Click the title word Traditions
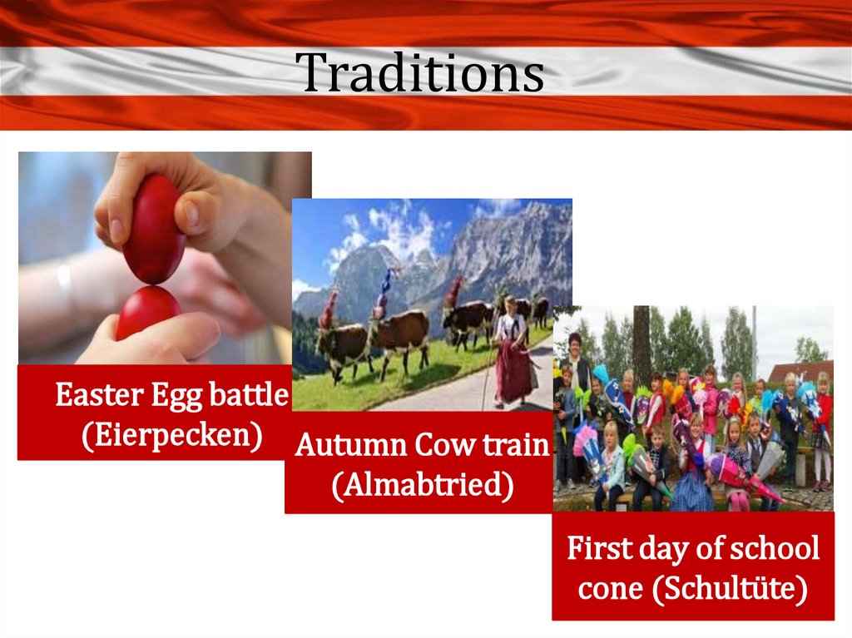[419, 72]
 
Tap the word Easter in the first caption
[100, 394]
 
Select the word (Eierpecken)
[172, 435]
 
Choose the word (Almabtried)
[423, 485]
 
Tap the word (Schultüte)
[731, 589]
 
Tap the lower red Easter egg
[148, 313]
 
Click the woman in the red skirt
[512, 352]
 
